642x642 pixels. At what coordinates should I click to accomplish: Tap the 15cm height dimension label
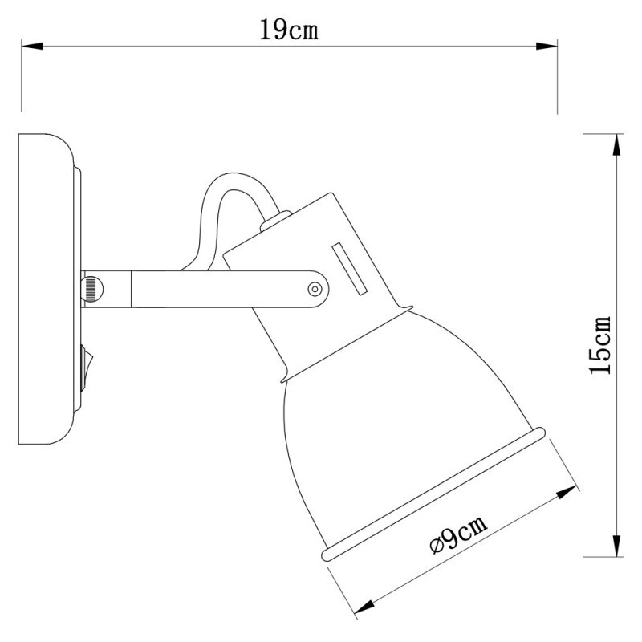[x=600, y=345]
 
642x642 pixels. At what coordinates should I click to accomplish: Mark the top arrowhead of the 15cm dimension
[x=616, y=143]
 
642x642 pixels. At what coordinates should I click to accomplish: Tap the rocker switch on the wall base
[x=85, y=361]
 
